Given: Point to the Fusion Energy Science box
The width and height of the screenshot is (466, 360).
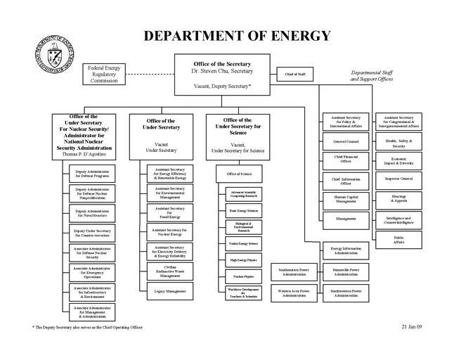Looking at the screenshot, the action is coord(243,243).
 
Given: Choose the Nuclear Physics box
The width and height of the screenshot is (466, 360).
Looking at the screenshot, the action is coord(243,278).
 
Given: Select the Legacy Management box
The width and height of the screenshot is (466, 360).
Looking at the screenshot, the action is coord(170,290).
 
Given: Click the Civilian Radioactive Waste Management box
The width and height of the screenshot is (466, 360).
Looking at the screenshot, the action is coord(170,270).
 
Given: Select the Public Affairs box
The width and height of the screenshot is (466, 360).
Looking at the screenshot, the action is coord(399,239).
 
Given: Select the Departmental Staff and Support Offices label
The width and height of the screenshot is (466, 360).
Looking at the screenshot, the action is coord(372,76).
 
